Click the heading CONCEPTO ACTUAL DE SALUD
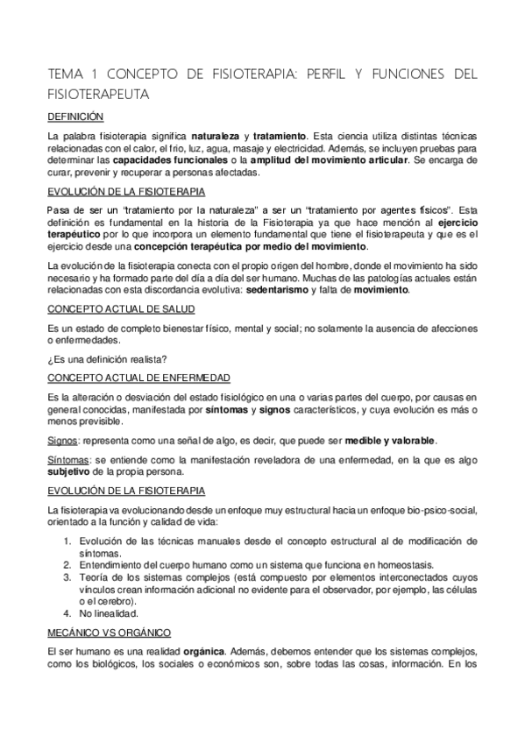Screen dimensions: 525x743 [x=120, y=309]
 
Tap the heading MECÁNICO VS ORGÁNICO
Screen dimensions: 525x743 [x=109, y=632]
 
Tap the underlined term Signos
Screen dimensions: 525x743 [x=63, y=439]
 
